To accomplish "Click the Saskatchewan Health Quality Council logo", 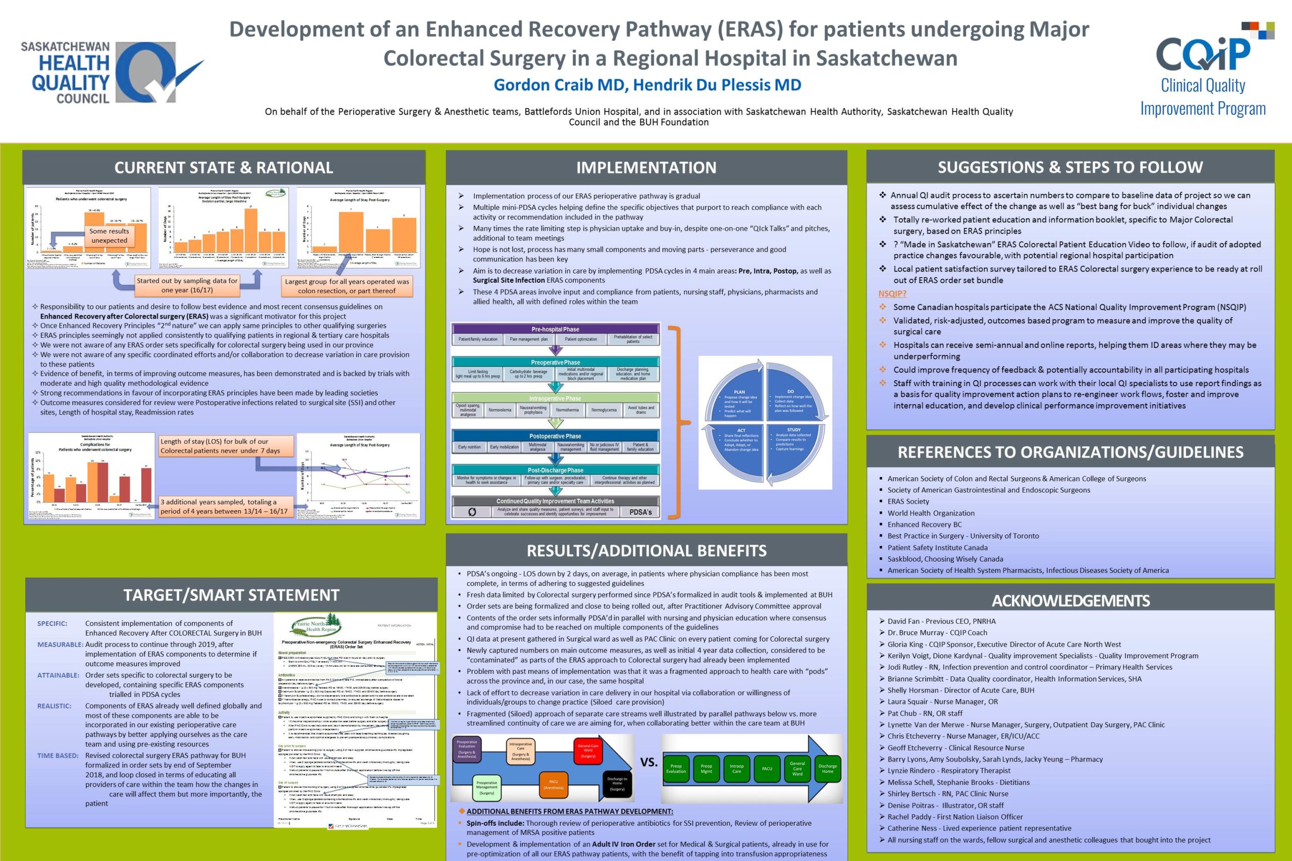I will tap(110, 73).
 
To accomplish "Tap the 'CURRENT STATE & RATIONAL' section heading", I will tap(224, 168).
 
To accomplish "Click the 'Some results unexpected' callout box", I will tap(110, 236).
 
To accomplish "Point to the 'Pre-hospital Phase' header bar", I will tap(555, 330).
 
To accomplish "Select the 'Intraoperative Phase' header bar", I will tap(555, 399).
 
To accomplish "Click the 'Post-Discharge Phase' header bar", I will tap(555, 470).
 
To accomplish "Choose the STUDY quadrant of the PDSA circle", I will tap(793, 439).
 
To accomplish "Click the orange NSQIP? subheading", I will tap(892, 294).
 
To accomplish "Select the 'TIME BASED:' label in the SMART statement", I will tap(58, 756).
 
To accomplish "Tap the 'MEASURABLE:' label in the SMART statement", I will tap(60, 644).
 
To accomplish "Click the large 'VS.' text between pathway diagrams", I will tap(649, 763).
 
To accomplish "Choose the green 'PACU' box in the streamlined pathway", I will tap(767, 769).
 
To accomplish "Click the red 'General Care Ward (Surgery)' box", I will tap(587, 750).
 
